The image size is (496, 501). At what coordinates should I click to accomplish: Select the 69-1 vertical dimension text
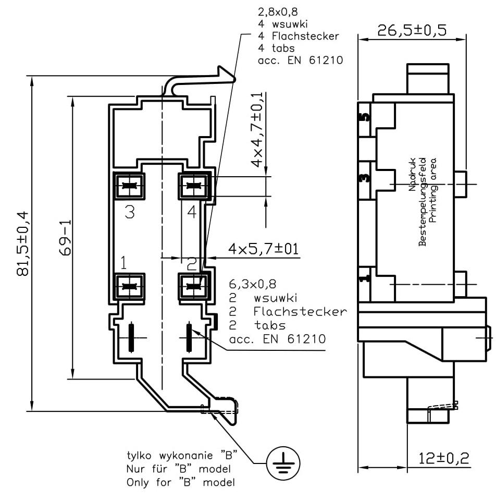click(65, 237)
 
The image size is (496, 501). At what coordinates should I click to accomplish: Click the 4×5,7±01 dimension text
click(263, 248)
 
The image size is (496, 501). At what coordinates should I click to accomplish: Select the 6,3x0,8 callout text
click(252, 285)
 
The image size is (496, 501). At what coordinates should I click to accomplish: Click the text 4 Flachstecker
click(298, 36)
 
